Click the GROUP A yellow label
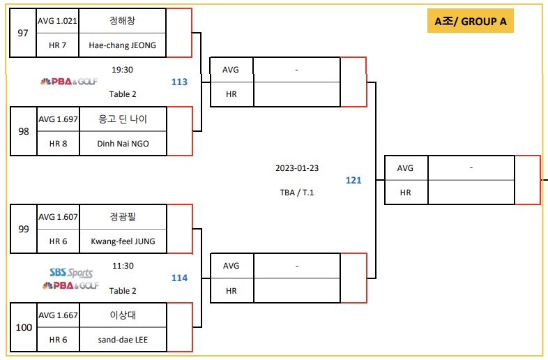(470, 21)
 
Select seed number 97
(23, 33)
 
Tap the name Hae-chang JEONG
(123, 45)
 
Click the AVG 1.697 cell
(57, 119)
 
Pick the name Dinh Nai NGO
(123, 143)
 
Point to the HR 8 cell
(57, 143)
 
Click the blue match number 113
(179, 82)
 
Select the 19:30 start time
(122, 69)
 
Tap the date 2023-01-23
(297, 168)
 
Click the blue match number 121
(353, 180)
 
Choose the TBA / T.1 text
(297, 193)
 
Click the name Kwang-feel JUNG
(123, 241)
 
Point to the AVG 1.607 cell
(57, 217)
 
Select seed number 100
(23, 327)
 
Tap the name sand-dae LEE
(123, 339)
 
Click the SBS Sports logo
(70, 273)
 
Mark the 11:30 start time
(122, 266)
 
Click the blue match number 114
(179, 278)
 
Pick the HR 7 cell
(57, 45)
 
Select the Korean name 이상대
(123, 315)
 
